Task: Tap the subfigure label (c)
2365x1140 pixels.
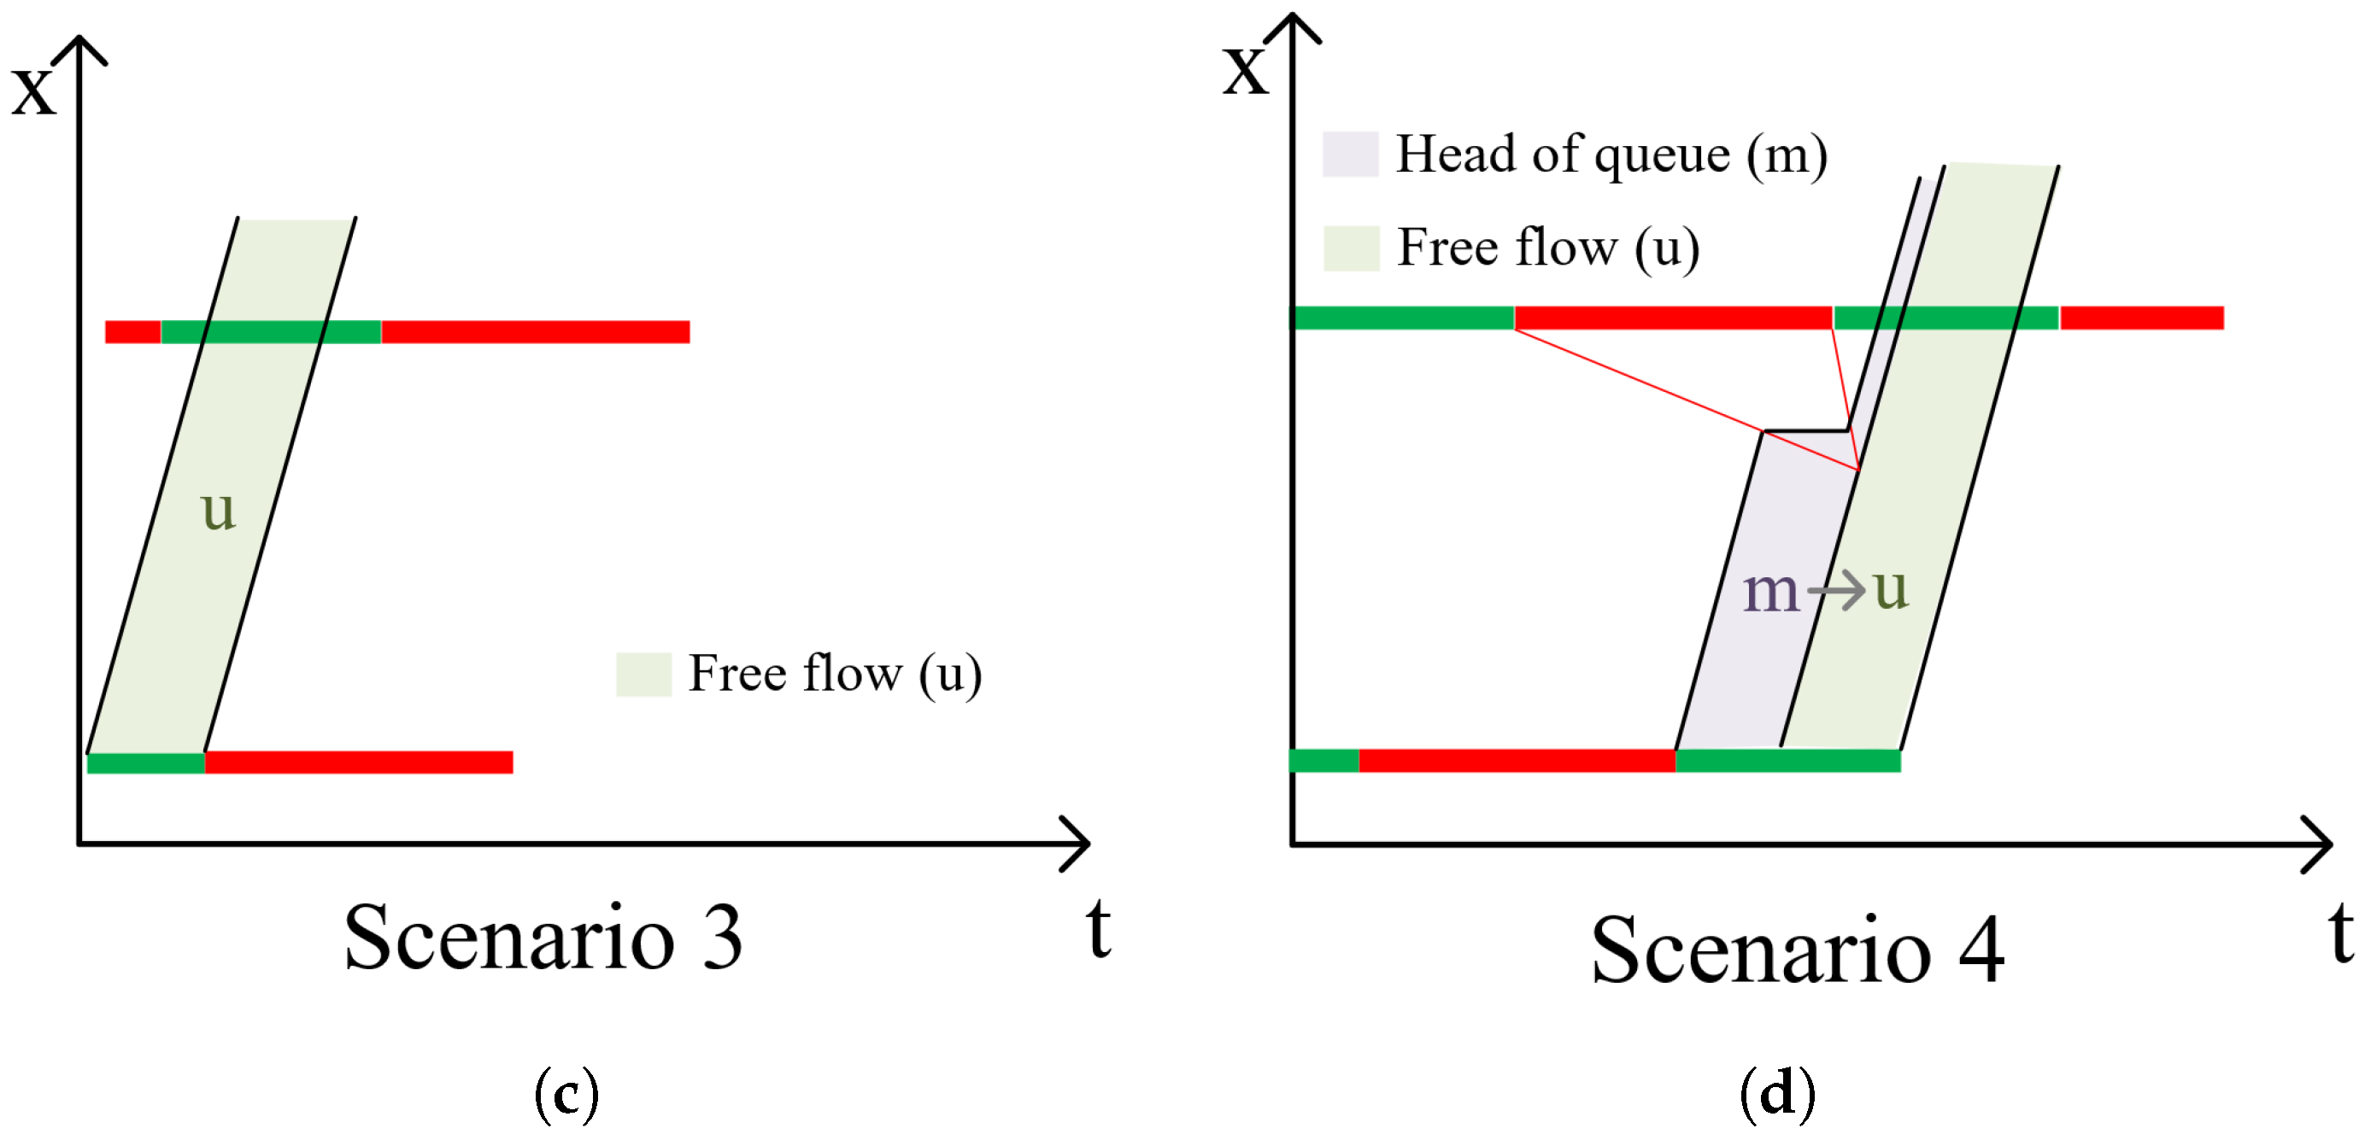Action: pyautogui.click(x=566, y=1093)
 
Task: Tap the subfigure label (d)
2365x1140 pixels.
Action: pyautogui.click(x=1777, y=1093)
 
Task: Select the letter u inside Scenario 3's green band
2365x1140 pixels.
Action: pyautogui.click(x=219, y=511)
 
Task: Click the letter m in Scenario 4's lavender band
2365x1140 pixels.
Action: pyautogui.click(x=1769, y=591)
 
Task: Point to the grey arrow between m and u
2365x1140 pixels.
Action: pyautogui.click(x=1837, y=589)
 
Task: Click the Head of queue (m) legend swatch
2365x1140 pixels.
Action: pyautogui.click(x=1350, y=155)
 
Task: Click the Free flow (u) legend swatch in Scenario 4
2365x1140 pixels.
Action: pyautogui.click(x=1351, y=248)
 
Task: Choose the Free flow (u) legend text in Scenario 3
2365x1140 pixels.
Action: pyautogui.click(x=835, y=674)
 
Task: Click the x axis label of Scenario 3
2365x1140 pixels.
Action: pyautogui.click(x=33, y=90)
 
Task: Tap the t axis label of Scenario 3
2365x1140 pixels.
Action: pyautogui.click(x=1098, y=929)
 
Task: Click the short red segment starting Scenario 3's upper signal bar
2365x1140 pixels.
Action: pyautogui.click(x=132, y=331)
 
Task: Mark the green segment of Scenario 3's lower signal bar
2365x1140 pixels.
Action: pyautogui.click(x=145, y=763)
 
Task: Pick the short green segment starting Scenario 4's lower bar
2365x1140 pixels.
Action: pyautogui.click(x=1323, y=761)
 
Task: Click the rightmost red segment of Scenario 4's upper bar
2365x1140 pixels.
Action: pyautogui.click(x=2141, y=318)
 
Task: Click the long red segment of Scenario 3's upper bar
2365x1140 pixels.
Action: pyautogui.click(x=535, y=331)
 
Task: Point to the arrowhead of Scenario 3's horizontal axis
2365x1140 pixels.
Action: pyautogui.click(x=1080, y=843)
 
